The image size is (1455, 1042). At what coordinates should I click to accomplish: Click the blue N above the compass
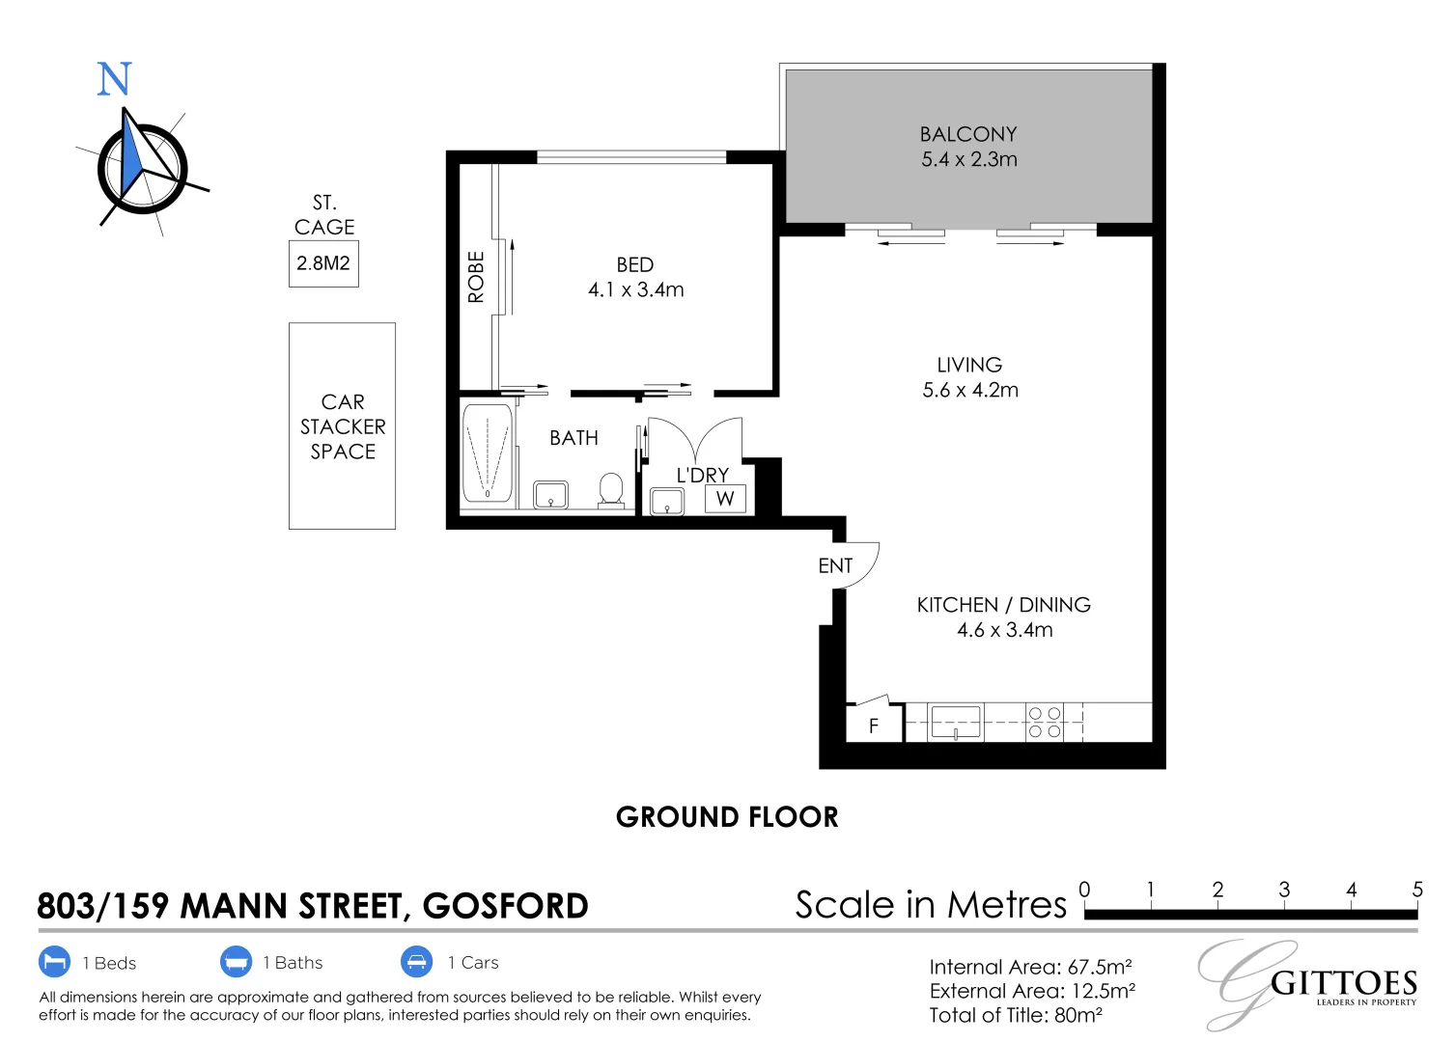tap(114, 79)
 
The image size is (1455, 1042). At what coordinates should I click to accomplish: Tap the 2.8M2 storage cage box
tap(323, 263)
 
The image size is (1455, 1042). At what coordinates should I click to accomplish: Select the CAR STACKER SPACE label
tap(343, 426)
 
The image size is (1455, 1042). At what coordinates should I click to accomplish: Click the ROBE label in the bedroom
tap(476, 277)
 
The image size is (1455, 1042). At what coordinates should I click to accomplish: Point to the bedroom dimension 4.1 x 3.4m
tap(635, 289)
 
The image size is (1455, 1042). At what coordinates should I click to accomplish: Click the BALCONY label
tap(967, 134)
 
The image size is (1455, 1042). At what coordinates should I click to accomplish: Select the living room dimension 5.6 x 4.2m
tap(969, 390)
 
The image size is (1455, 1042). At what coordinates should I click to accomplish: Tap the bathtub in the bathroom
tap(488, 452)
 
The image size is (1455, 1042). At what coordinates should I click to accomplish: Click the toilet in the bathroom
tap(610, 489)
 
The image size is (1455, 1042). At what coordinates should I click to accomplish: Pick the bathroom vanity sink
tap(551, 495)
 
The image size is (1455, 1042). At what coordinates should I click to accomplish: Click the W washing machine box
tap(725, 499)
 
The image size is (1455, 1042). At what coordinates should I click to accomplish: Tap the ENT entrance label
tap(835, 565)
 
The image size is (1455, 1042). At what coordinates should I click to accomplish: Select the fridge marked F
tap(874, 726)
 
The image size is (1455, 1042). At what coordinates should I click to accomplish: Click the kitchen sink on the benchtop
tap(955, 722)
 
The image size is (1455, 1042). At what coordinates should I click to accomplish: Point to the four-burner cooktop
tap(1044, 723)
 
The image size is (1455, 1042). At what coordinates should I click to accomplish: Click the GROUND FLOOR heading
tap(727, 817)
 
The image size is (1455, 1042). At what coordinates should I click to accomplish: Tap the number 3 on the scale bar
tap(1284, 889)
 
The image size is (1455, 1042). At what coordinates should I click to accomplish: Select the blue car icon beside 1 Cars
tap(416, 962)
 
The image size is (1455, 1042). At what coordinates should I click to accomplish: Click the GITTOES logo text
tap(1343, 984)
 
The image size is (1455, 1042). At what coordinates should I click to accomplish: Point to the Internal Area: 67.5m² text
tap(1030, 967)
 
